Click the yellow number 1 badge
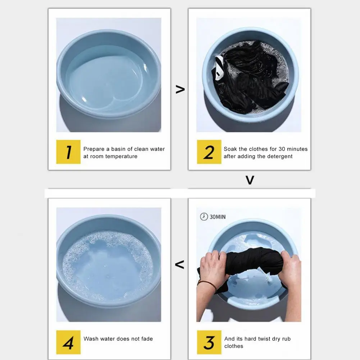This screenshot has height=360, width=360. tap(68, 152)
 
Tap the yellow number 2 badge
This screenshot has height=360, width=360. tap(209, 152)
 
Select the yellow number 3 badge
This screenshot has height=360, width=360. tap(209, 342)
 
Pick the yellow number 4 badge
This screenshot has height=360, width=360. tap(68, 342)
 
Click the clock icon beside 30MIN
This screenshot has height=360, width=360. tap(204, 217)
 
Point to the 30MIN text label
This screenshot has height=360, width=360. tap(218, 217)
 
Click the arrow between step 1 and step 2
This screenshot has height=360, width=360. tap(180, 89)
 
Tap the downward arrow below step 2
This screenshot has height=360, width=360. tap(250, 180)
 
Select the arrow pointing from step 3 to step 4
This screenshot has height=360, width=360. tap(179, 264)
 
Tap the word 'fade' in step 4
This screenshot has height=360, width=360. tap(147, 339)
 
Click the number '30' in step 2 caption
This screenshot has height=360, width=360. tap(282, 149)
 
